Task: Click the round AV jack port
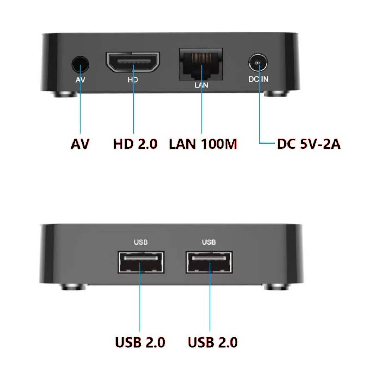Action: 80,64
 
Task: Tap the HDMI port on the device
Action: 133,62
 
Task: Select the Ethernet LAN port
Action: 201,64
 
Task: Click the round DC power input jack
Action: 258,63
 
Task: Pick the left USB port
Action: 141,262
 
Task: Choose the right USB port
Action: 209,262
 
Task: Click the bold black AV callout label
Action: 80,144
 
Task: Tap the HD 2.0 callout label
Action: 135,144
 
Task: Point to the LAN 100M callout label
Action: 203,144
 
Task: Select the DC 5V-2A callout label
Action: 309,144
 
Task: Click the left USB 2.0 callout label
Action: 140,342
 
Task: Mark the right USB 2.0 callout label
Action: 213,342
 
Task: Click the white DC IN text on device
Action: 258,79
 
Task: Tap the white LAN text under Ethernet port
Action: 201,85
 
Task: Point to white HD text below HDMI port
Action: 133,80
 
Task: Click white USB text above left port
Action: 141,242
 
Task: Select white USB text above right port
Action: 209,242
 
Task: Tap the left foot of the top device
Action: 65,94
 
